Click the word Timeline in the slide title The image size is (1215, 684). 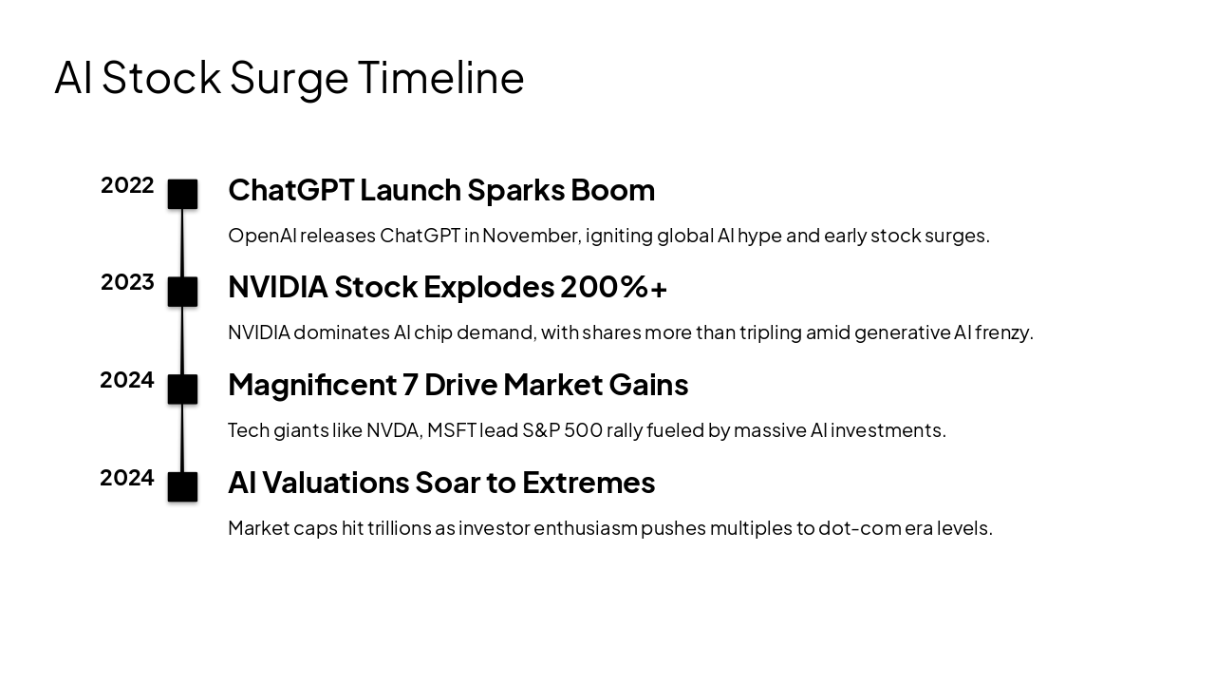[440, 77]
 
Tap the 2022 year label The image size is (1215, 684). [127, 185]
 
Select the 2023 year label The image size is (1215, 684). [127, 282]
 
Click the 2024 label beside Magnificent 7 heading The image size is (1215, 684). [127, 380]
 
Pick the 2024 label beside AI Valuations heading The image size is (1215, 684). [127, 478]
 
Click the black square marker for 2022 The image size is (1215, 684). [182, 194]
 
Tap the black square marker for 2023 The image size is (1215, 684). [182, 292]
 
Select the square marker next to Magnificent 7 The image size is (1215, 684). [182, 389]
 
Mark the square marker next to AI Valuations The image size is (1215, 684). [182, 486]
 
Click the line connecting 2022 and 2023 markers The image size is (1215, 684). [182, 243]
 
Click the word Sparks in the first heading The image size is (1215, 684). [515, 190]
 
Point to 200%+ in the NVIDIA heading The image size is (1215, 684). [613, 287]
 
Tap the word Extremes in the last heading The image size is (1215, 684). [588, 483]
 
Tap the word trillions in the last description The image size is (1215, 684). [399, 528]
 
